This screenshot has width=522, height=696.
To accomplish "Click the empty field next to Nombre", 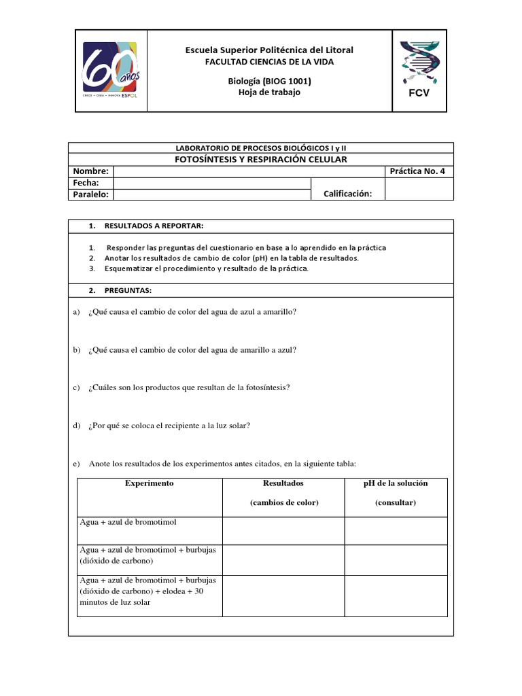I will [249, 171].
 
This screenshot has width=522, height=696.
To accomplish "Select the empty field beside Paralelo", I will [211, 194].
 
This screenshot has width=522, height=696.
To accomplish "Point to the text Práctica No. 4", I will [417, 171].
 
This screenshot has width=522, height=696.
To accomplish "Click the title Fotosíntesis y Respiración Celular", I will [261, 159].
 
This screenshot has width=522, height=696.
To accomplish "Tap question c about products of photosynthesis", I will [188, 387].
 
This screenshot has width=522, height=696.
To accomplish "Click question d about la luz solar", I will [169, 425].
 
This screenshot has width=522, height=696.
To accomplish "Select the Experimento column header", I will [150, 483].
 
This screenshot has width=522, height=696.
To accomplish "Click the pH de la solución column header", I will [396, 483].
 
